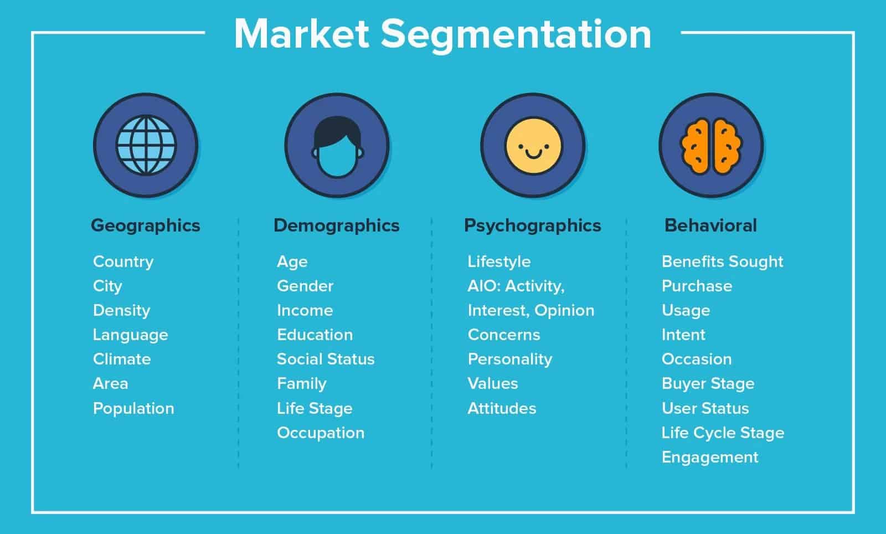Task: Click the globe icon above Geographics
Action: point(146,145)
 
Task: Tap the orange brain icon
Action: point(711,145)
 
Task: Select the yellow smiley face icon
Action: point(533,145)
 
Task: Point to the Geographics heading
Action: point(145,225)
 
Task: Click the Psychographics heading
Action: point(532,225)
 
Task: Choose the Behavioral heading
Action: point(710,225)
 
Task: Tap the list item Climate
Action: point(122,359)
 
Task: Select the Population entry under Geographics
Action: point(133,408)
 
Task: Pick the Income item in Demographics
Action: point(305,310)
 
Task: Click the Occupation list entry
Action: point(321,433)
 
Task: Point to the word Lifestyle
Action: point(499,261)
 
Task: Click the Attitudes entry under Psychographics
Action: point(502,408)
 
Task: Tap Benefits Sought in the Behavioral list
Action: point(722,261)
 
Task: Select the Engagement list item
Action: point(710,457)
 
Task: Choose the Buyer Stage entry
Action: point(708,383)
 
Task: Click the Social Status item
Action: point(326,359)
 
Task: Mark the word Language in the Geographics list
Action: point(130,335)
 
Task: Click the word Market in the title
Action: point(302,34)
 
